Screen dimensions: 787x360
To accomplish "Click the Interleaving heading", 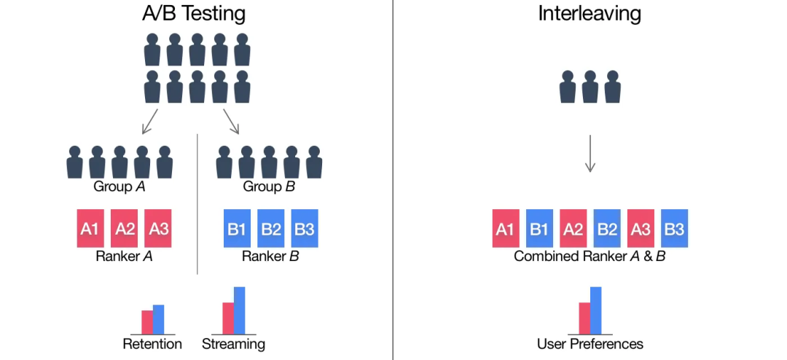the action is tap(590, 13).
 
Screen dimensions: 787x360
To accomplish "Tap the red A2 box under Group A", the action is tap(125, 228).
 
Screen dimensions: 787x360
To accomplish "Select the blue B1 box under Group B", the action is tap(237, 228).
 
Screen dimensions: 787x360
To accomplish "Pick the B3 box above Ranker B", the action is tap(305, 228).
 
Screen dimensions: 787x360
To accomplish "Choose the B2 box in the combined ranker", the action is tap(607, 228).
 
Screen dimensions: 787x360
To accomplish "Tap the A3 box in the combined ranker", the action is tap(641, 228).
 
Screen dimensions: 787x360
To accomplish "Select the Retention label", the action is tap(152, 344).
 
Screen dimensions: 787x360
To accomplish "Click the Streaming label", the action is tap(233, 344).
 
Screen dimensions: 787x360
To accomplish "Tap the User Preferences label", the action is tap(590, 344).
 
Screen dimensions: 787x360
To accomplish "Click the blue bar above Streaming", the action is tap(239, 310).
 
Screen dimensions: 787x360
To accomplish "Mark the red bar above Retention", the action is tap(147, 321).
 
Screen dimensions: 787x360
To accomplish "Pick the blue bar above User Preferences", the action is tap(595, 310).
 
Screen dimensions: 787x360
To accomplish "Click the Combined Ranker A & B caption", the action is tap(590, 257).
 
